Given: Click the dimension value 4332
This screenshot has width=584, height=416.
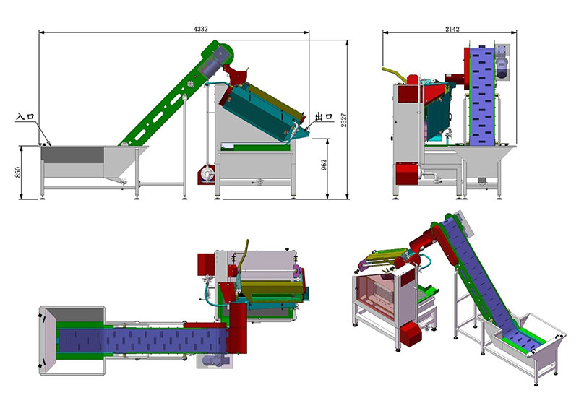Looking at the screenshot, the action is (200, 29).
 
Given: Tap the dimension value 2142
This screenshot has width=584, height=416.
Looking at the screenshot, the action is (452, 29).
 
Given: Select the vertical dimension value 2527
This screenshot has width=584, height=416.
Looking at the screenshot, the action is (344, 121).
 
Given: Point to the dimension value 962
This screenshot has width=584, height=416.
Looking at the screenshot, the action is (324, 165).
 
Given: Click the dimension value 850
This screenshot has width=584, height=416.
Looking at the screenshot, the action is (18, 172).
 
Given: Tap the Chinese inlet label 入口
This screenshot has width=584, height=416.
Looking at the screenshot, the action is (25, 116).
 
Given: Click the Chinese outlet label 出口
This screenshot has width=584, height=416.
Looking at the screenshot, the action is (324, 116).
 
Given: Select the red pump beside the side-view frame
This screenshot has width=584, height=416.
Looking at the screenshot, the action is (205, 174).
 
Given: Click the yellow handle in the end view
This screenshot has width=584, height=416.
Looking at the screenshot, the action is (395, 73).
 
